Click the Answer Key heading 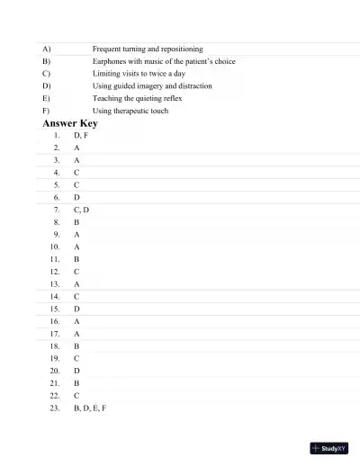[x=69, y=122]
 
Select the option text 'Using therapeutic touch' [x=130, y=111]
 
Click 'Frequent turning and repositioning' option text [x=148, y=48]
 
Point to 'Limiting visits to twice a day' [x=139, y=73]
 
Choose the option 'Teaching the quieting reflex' [x=138, y=98]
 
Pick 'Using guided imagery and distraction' [x=152, y=85]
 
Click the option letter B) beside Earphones [x=47, y=60]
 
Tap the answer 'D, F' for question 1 [x=81, y=134]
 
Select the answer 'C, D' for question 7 [x=81, y=209]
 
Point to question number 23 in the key [x=55, y=408]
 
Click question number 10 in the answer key [x=55, y=246]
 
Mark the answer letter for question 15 [x=76, y=308]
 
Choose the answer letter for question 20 [x=76, y=370]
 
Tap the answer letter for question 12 [x=76, y=271]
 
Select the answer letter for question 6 [x=76, y=196]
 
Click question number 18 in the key [x=55, y=345]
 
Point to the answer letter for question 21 [x=76, y=382]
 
